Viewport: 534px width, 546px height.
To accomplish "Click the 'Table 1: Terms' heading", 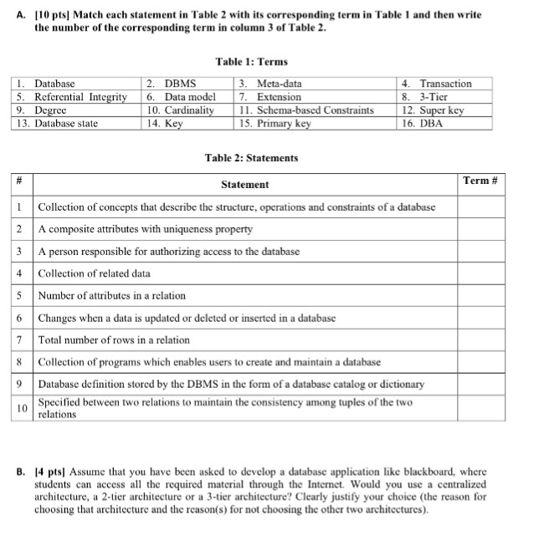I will click(x=251, y=62).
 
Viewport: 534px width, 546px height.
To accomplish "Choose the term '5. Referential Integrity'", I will click(x=72, y=97).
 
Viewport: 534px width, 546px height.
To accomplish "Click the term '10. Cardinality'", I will click(x=180, y=110).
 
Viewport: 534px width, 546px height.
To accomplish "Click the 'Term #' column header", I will click(x=480, y=181).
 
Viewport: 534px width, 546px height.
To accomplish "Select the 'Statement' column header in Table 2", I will click(x=244, y=184).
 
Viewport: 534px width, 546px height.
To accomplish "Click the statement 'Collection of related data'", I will click(x=95, y=273).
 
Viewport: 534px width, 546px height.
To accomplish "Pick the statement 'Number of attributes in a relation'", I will click(x=112, y=295).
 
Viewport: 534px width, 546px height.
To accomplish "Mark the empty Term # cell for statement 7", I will click(x=480, y=340).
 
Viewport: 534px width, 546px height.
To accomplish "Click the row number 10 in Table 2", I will click(x=23, y=407).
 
